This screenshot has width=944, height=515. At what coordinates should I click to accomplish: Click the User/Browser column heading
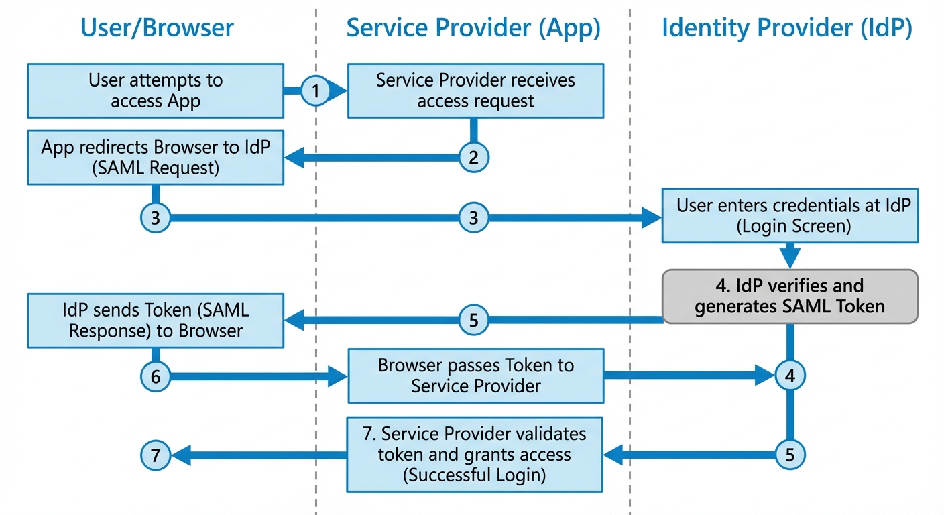(x=157, y=28)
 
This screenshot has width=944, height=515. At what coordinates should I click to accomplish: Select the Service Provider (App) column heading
(x=473, y=28)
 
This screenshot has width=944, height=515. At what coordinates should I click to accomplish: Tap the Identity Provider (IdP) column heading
(x=786, y=28)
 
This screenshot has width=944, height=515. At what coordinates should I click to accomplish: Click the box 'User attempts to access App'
(x=155, y=91)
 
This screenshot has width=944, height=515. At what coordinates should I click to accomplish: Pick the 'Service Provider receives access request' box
(x=475, y=91)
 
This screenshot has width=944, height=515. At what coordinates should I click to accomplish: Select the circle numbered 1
(x=316, y=91)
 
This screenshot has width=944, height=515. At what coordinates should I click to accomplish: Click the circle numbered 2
(x=474, y=158)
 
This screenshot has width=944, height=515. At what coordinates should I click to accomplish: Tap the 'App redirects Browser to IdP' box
(x=155, y=158)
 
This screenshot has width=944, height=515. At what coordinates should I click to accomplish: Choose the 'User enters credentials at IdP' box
(x=790, y=215)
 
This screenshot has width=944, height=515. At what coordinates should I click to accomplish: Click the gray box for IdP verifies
(x=790, y=296)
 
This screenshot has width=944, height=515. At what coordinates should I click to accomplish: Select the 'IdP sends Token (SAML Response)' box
(x=155, y=320)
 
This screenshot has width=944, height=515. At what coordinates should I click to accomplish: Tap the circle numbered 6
(x=156, y=377)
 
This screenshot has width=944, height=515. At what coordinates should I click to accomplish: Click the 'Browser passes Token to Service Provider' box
(x=475, y=376)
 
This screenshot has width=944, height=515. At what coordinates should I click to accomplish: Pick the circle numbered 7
(x=156, y=457)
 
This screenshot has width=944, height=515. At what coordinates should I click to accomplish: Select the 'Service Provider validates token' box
(x=475, y=455)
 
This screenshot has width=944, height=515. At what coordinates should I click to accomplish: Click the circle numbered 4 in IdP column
(x=790, y=376)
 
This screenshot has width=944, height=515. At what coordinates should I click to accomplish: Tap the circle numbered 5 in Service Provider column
(x=474, y=321)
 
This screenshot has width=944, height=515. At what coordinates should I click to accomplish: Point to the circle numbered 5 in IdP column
(x=790, y=455)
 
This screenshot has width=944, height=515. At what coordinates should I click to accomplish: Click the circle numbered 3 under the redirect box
(x=156, y=218)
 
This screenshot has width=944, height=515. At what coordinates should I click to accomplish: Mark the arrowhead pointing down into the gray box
(x=790, y=258)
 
